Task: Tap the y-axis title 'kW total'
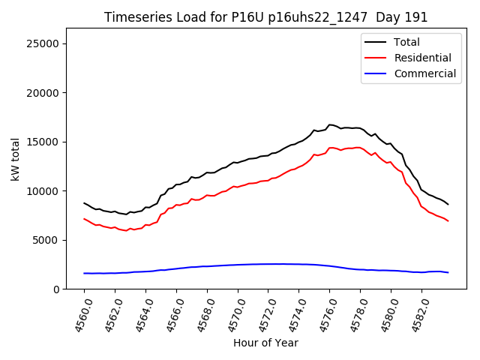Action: click(16, 159)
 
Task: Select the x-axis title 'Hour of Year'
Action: click(265, 343)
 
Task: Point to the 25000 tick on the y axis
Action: click(43, 43)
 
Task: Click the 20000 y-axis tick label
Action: click(43, 93)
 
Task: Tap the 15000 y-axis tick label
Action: click(43, 142)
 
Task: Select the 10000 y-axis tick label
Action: click(43, 191)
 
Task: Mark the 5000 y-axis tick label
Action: click(46, 240)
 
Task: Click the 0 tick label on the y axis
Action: click(57, 289)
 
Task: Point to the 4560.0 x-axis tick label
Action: click(79, 313)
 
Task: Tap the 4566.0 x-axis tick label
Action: click(171, 313)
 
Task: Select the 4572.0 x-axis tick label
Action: click(262, 313)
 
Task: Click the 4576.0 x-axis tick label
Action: click(324, 313)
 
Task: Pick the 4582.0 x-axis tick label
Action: click(415, 313)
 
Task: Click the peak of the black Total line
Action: click(330, 124)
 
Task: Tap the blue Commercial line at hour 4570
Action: click(238, 265)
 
